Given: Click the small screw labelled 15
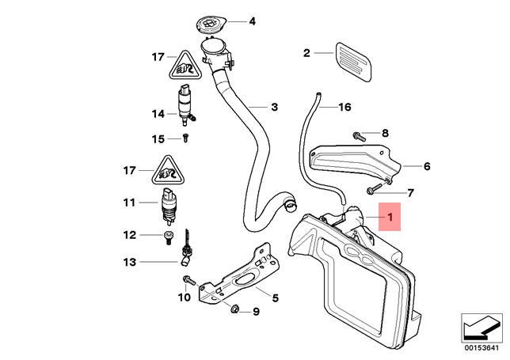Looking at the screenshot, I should click(x=185, y=138).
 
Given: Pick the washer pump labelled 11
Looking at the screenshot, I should click(x=168, y=206).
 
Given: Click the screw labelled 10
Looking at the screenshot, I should click(x=186, y=280).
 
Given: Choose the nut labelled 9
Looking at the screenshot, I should click(x=235, y=310).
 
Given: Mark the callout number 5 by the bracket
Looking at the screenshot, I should click(x=275, y=298).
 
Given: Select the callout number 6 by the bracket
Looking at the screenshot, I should click(x=426, y=166).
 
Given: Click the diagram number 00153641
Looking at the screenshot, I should click(x=481, y=346).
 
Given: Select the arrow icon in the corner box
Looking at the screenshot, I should click(x=481, y=325).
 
